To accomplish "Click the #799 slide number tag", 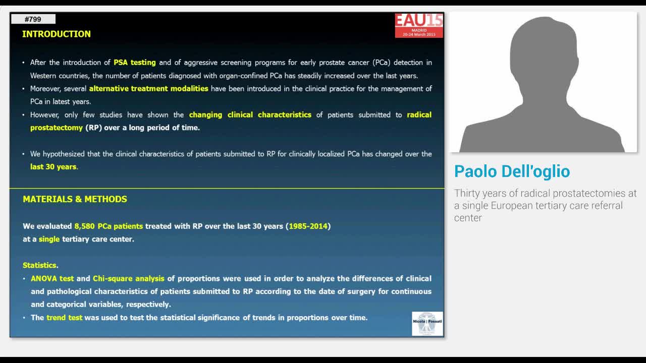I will [33, 19].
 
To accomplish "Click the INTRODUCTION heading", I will [57, 34].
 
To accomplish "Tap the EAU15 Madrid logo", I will [419, 25].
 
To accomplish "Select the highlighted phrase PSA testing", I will [135, 63].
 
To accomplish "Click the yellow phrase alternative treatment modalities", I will [149, 89].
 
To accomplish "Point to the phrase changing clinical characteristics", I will [250, 115].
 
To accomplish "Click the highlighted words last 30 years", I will [53, 167].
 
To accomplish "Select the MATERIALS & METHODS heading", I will [75, 199].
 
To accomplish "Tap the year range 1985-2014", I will [308, 226].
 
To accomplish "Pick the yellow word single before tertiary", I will [49, 239].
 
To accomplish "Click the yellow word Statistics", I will [39, 265].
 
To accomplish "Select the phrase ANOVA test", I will [52, 278].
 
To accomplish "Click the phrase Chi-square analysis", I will [129, 278].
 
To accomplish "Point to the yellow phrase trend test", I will [64, 318].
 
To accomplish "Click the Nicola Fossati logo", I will [427, 323].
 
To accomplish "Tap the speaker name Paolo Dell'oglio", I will [512, 171].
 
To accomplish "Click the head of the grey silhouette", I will [543, 50].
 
